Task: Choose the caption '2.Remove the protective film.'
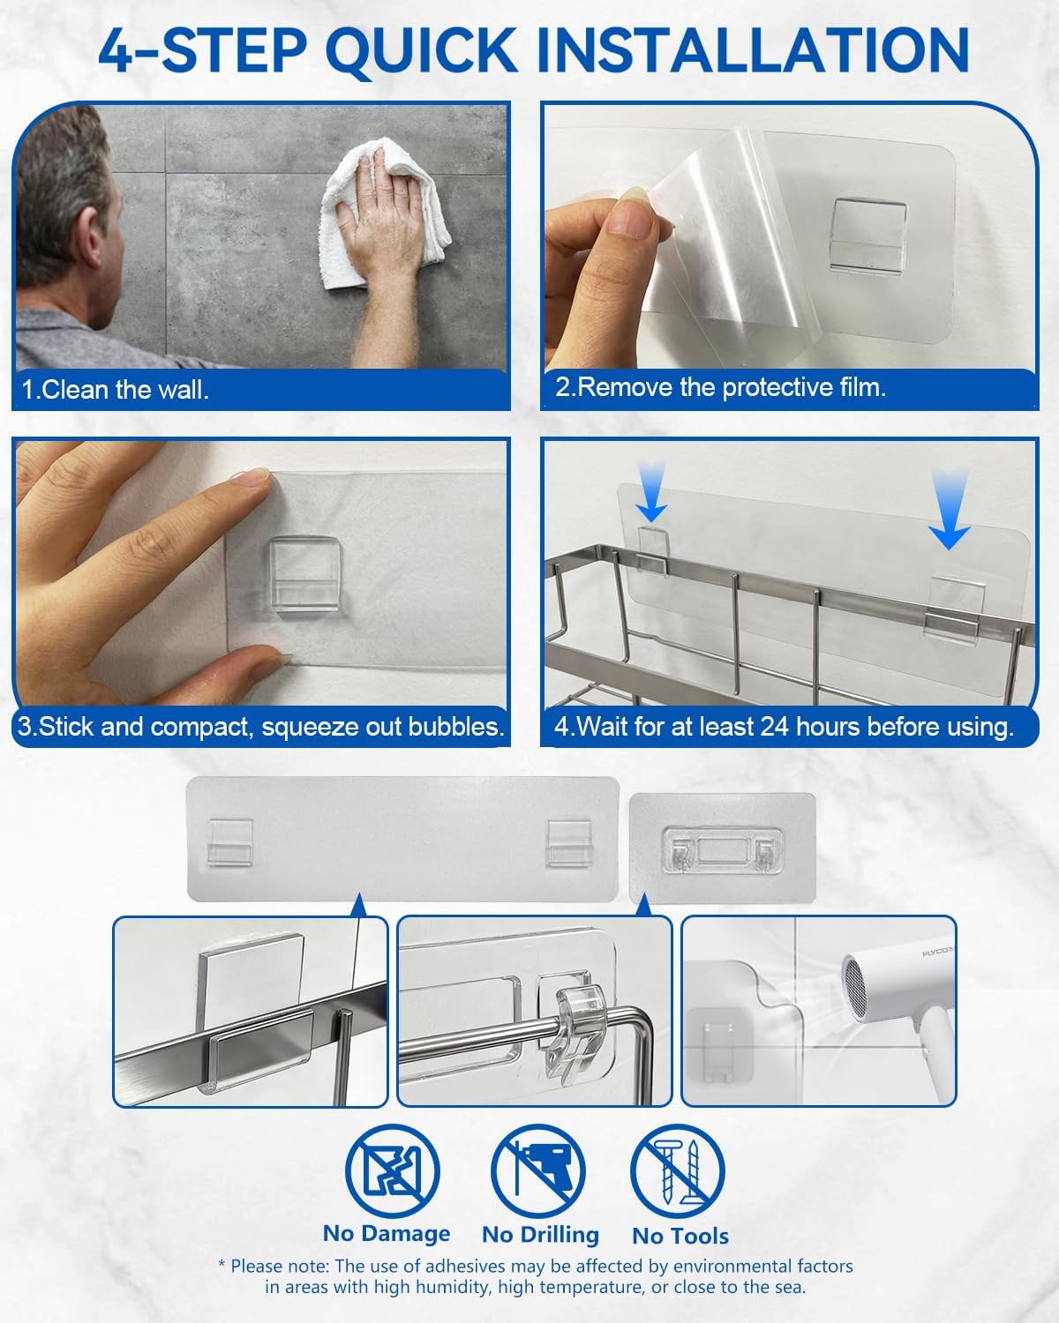tap(720, 387)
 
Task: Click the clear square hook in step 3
tap(304, 573)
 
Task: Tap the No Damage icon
tap(392, 1171)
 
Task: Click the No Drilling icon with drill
tap(538, 1171)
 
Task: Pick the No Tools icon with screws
tap(678, 1171)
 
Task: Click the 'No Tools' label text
tap(680, 1236)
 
